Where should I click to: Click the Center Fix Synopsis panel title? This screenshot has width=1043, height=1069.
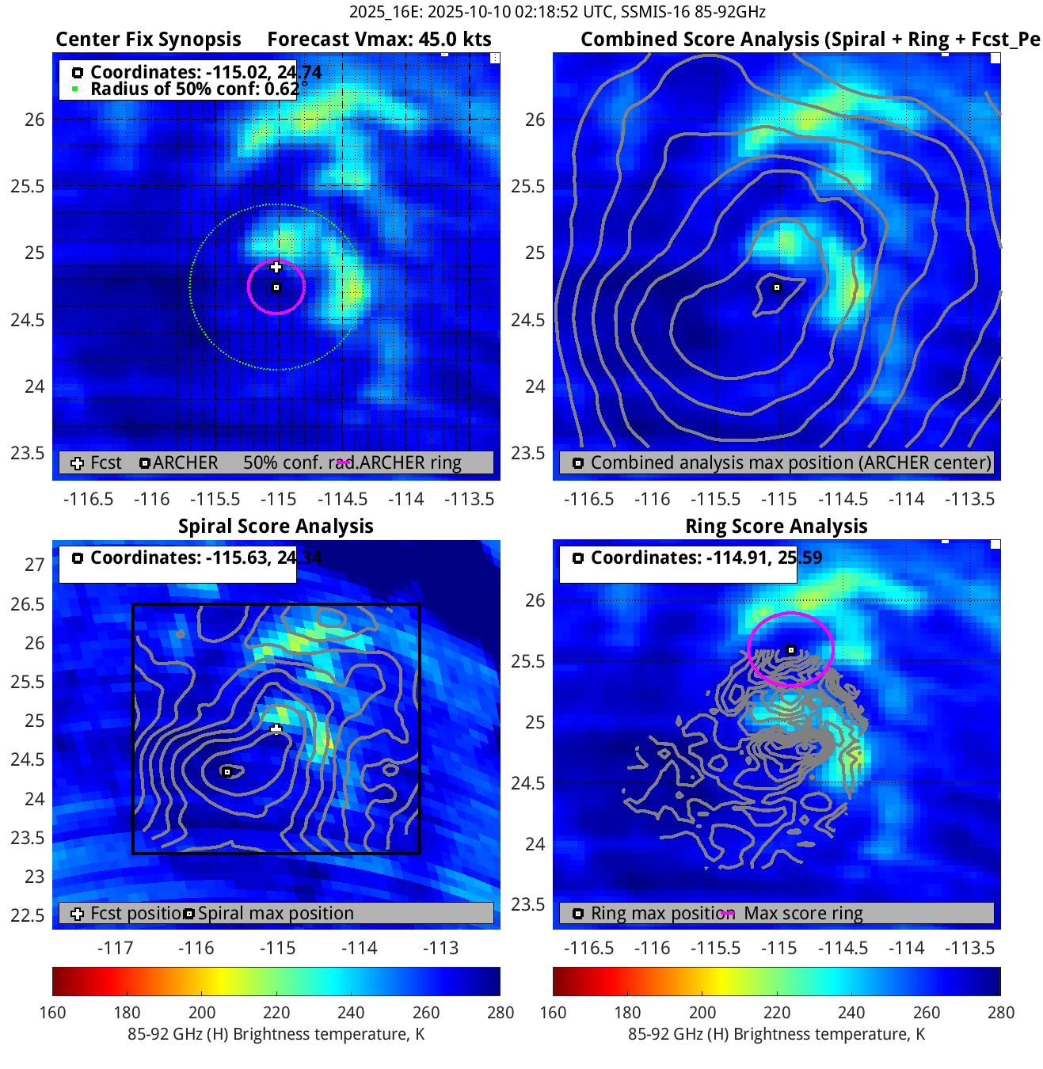(x=148, y=40)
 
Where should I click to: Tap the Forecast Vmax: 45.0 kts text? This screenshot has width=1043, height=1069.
(x=379, y=40)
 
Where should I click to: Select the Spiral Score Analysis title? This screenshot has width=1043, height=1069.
(x=276, y=527)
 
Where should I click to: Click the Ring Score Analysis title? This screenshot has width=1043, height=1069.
(x=776, y=527)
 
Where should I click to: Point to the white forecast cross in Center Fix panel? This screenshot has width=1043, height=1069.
(x=276, y=267)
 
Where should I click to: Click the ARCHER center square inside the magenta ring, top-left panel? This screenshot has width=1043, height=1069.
(x=276, y=287)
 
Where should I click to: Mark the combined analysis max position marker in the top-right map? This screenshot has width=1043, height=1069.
(x=777, y=287)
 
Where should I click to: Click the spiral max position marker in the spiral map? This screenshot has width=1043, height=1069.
(x=227, y=772)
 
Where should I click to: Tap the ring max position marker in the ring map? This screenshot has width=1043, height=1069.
(x=791, y=650)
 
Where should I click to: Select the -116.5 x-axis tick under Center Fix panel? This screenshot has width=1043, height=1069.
(x=89, y=500)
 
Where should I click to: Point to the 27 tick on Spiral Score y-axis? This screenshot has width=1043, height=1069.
(x=34, y=565)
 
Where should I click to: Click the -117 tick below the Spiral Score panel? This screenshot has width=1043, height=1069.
(x=115, y=948)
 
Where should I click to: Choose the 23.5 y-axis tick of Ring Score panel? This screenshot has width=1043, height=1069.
(x=527, y=904)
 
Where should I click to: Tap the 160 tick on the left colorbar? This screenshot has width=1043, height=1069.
(x=53, y=1013)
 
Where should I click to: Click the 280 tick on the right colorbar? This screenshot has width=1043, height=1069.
(x=1000, y=1013)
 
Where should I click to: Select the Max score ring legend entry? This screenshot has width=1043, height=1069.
(x=803, y=914)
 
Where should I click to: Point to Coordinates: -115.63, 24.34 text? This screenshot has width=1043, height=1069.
(x=205, y=558)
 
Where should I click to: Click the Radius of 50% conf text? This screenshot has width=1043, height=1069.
(x=194, y=89)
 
